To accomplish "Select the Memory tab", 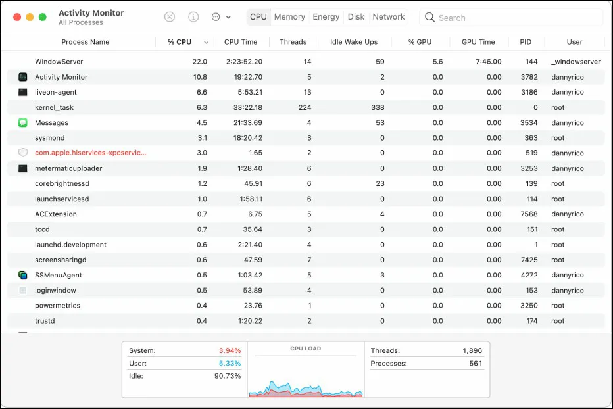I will [289, 17].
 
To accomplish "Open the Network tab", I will [388, 17].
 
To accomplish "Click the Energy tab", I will [326, 17].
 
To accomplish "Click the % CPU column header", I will [180, 42].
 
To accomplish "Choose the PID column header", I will [526, 42].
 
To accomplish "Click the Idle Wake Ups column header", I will [354, 42].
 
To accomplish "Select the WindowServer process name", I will [59, 62].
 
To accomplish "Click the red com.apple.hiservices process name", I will [91, 153].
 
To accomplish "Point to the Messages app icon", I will [23, 123].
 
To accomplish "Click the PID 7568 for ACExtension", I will [529, 214].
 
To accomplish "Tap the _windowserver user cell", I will [576, 62].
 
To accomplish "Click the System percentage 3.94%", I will [230, 351].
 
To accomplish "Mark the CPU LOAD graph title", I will [306, 349].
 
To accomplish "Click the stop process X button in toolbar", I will [170, 17].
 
